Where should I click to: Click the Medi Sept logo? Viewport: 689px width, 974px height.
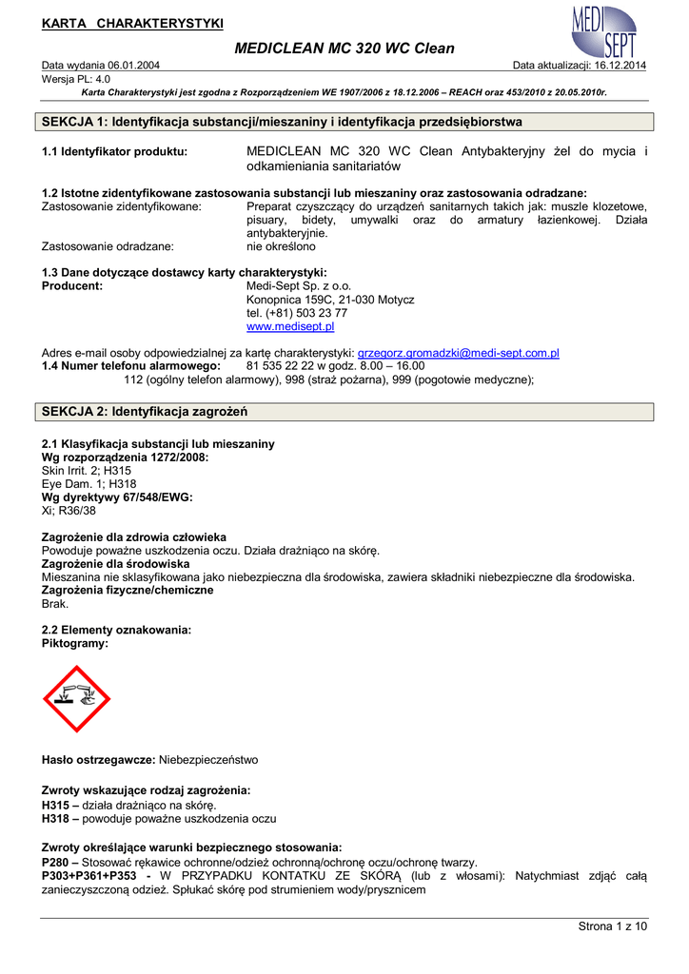tap(605, 30)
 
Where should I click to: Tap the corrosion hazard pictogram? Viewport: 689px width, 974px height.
tap(77, 698)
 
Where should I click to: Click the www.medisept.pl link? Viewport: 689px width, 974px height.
tap(290, 326)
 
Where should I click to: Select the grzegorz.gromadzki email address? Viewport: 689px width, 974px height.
tap(458, 352)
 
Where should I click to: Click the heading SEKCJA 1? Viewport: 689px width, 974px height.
tap(282, 123)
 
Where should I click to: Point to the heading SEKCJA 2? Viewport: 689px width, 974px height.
tap(146, 412)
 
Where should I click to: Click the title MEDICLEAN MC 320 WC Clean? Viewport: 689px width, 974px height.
tap(344, 48)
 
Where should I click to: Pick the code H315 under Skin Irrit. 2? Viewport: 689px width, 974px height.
tap(118, 470)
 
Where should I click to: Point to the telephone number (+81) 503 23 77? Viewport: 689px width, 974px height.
tap(297, 313)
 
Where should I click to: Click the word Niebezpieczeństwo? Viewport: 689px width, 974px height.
tap(208, 760)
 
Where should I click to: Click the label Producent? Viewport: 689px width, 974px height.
tap(72, 286)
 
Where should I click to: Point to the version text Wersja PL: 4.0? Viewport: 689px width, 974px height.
tap(76, 79)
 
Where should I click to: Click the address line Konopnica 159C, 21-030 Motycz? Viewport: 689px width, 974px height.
tap(330, 300)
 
